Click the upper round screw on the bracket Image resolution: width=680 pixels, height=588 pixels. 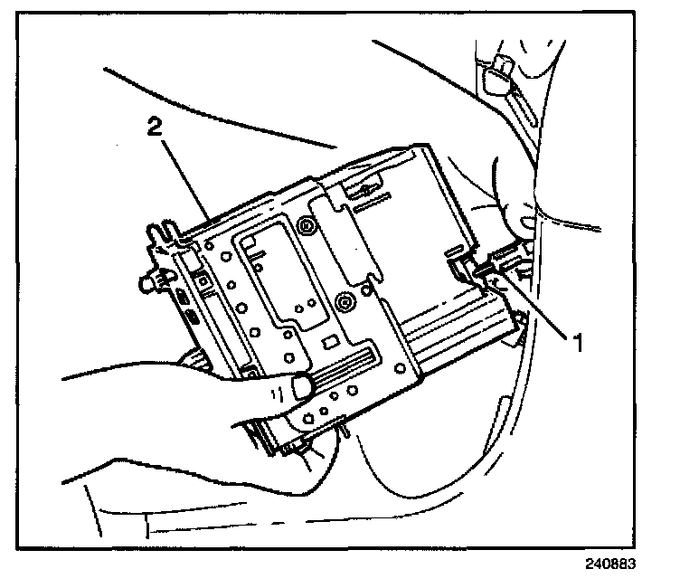[x=308, y=224]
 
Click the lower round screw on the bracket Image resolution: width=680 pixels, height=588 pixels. [x=343, y=299]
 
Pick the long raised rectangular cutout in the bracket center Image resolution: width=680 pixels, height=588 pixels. [x=271, y=280]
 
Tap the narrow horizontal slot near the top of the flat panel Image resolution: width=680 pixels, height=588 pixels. [x=371, y=206]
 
